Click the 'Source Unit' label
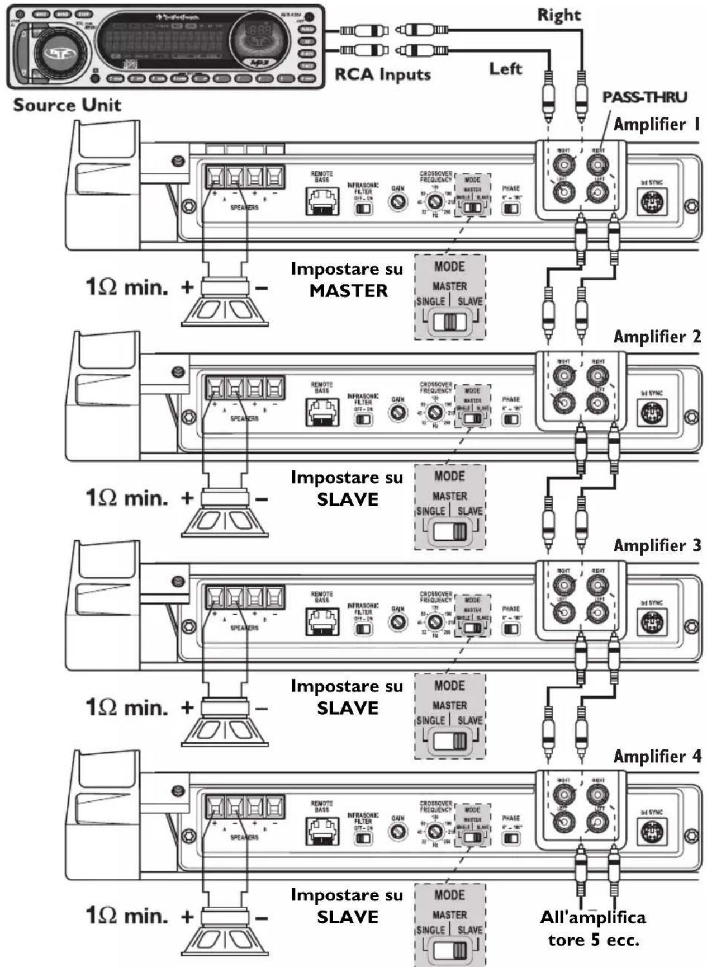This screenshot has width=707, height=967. point(67,105)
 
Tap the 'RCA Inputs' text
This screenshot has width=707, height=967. point(382,74)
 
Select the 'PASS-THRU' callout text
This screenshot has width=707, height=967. point(644,97)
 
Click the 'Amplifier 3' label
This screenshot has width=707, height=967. point(657,545)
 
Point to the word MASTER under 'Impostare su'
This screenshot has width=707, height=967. point(348,291)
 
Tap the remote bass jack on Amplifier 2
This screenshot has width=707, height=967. point(322,412)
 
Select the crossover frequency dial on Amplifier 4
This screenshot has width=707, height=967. point(435,831)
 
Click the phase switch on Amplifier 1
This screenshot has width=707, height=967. point(511,209)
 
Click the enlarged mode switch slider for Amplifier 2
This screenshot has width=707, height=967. point(450,531)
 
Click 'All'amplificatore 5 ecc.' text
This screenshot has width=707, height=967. point(593,928)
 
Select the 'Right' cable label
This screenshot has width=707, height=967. point(559,15)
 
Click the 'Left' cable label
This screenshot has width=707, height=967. point(505,68)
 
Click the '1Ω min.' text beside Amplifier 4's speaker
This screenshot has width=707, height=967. point(126,916)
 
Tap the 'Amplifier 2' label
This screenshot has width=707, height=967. point(657,337)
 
